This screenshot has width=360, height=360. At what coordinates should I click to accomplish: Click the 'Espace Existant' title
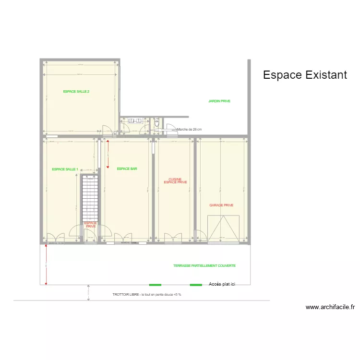point(305,75)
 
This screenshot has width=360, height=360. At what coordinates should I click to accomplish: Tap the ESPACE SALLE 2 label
point(76,91)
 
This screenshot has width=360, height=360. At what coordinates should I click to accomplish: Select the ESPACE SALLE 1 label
point(65,169)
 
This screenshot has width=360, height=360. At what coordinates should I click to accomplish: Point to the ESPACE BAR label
point(127,169)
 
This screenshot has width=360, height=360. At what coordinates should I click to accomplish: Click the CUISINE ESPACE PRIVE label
point(175,180)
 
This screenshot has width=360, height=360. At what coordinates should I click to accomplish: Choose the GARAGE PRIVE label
point(221,205)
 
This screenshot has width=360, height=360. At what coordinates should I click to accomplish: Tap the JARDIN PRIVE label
point(219,101)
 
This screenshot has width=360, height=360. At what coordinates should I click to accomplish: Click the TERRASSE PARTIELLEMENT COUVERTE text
point(204,265)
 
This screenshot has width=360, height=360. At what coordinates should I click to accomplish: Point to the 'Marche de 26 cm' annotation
point(190,130)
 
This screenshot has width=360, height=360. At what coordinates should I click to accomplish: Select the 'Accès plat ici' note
point(222,285)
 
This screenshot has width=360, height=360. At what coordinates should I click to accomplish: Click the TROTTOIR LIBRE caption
point(147,294)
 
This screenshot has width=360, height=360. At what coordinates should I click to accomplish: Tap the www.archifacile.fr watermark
point(330,307)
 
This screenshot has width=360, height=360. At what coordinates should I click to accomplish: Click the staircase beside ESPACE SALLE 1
point(90,198)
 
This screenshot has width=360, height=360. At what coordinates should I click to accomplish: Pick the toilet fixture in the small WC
point(157,124)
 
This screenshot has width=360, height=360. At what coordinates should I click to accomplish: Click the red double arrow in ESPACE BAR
point(108,154)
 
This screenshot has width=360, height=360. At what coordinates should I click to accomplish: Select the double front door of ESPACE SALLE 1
point(58,237)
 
